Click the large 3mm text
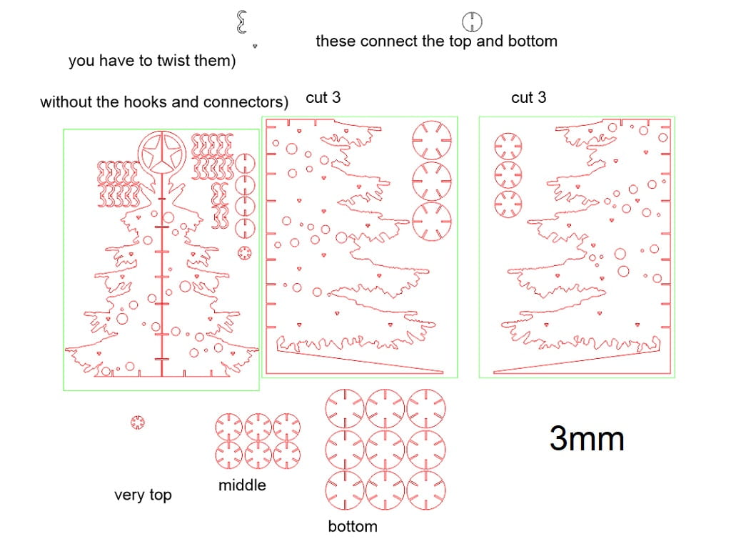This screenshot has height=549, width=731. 587,438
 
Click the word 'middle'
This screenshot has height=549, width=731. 242,485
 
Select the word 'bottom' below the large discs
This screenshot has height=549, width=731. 353,527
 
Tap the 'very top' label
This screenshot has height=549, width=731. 143,495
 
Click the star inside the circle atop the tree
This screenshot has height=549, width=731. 161,154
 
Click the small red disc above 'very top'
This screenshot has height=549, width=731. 138,422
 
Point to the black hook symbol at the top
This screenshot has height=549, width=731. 241,23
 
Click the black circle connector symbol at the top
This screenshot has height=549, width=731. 473,21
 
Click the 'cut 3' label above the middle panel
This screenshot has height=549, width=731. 323,97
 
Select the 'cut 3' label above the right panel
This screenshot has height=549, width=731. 529,97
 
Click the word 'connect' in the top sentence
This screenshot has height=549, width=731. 389,41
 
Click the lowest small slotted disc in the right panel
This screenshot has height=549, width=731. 508,202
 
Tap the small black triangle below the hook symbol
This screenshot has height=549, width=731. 255,45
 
